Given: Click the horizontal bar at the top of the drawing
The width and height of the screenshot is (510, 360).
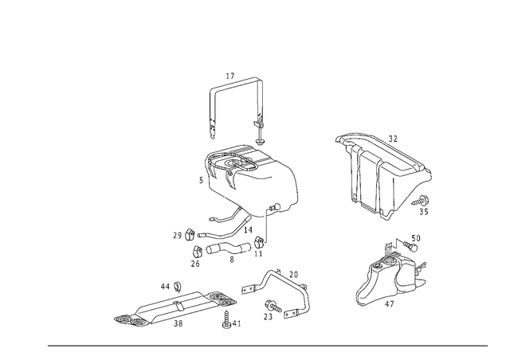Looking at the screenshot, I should (236, 84).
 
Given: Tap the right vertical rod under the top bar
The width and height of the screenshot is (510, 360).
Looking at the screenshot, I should (258, 119).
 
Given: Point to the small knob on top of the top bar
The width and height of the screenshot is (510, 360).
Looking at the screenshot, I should (229, 76).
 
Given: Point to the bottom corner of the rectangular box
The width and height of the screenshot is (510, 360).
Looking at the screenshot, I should (387, 217).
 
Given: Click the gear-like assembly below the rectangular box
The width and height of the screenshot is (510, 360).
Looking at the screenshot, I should (394, 275).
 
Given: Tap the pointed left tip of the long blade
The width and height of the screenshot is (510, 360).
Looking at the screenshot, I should (116, 319).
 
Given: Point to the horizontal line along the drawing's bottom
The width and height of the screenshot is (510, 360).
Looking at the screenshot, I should (267, 345).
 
